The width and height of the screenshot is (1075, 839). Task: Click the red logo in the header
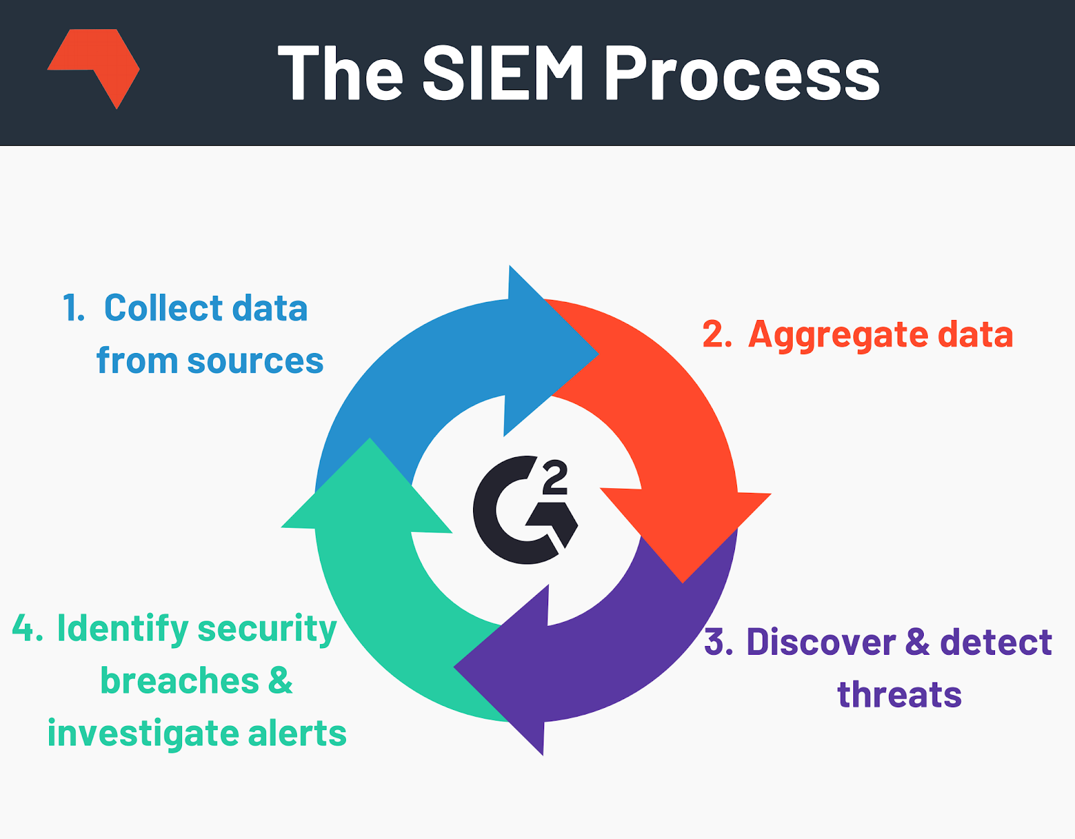pos(93,69)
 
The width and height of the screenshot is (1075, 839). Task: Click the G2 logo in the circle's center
pos(525,510)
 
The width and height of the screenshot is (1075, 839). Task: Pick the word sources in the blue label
pos(255,361)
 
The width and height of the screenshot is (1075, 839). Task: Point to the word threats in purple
pos(900,694)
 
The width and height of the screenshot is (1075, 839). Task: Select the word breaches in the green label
pos(179,680)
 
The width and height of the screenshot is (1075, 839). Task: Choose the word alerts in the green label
pos(298,733)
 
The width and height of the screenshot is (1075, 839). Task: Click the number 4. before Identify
pos(28,628)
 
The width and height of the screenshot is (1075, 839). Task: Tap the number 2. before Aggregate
pos(718,334)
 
